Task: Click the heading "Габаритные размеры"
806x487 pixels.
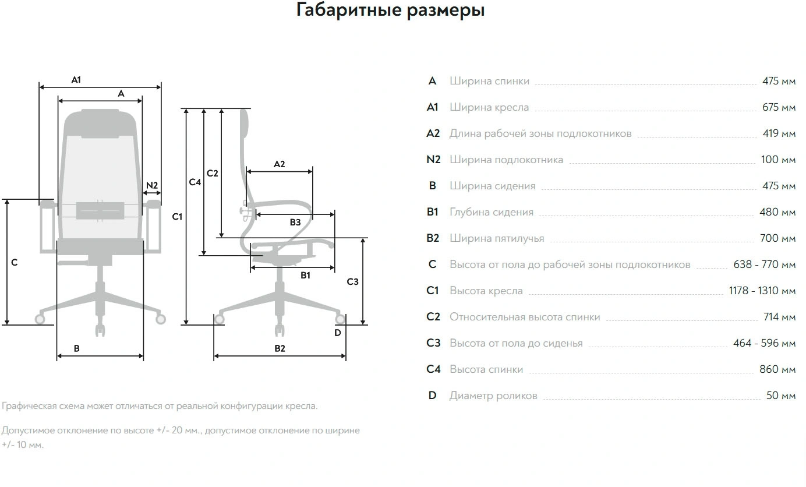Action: [x=390, y=10]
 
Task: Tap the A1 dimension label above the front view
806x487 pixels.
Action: [x=76, y=80]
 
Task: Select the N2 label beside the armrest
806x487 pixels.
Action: [x=152, y=186]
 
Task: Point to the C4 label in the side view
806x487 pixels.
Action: [x=195, y=182]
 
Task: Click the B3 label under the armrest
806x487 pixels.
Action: [x=295, y=222]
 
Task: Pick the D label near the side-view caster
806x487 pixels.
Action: [x=338, y=333]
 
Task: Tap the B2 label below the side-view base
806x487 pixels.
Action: [x=280, y=348]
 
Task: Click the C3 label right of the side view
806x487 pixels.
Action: [x=352, y=282]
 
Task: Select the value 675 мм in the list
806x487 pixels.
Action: [x=779, y=107]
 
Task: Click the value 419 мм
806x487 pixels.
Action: [x=779, y=133]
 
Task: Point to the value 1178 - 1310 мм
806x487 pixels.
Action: [x=762, y=291]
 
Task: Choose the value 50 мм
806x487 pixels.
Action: [x=781, y=396]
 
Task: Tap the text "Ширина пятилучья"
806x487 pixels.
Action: [x=497, y=238]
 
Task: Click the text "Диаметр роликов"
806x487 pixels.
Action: [x=493, y=396]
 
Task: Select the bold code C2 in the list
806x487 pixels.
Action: [x=433, y=317]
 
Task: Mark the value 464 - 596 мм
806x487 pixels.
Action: [x=764, y=343]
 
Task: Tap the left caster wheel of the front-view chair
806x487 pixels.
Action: [x=40, y=319]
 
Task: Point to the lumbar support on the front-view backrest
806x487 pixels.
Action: [x=100, y=210]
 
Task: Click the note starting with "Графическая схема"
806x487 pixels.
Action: [x=160, y=406]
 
